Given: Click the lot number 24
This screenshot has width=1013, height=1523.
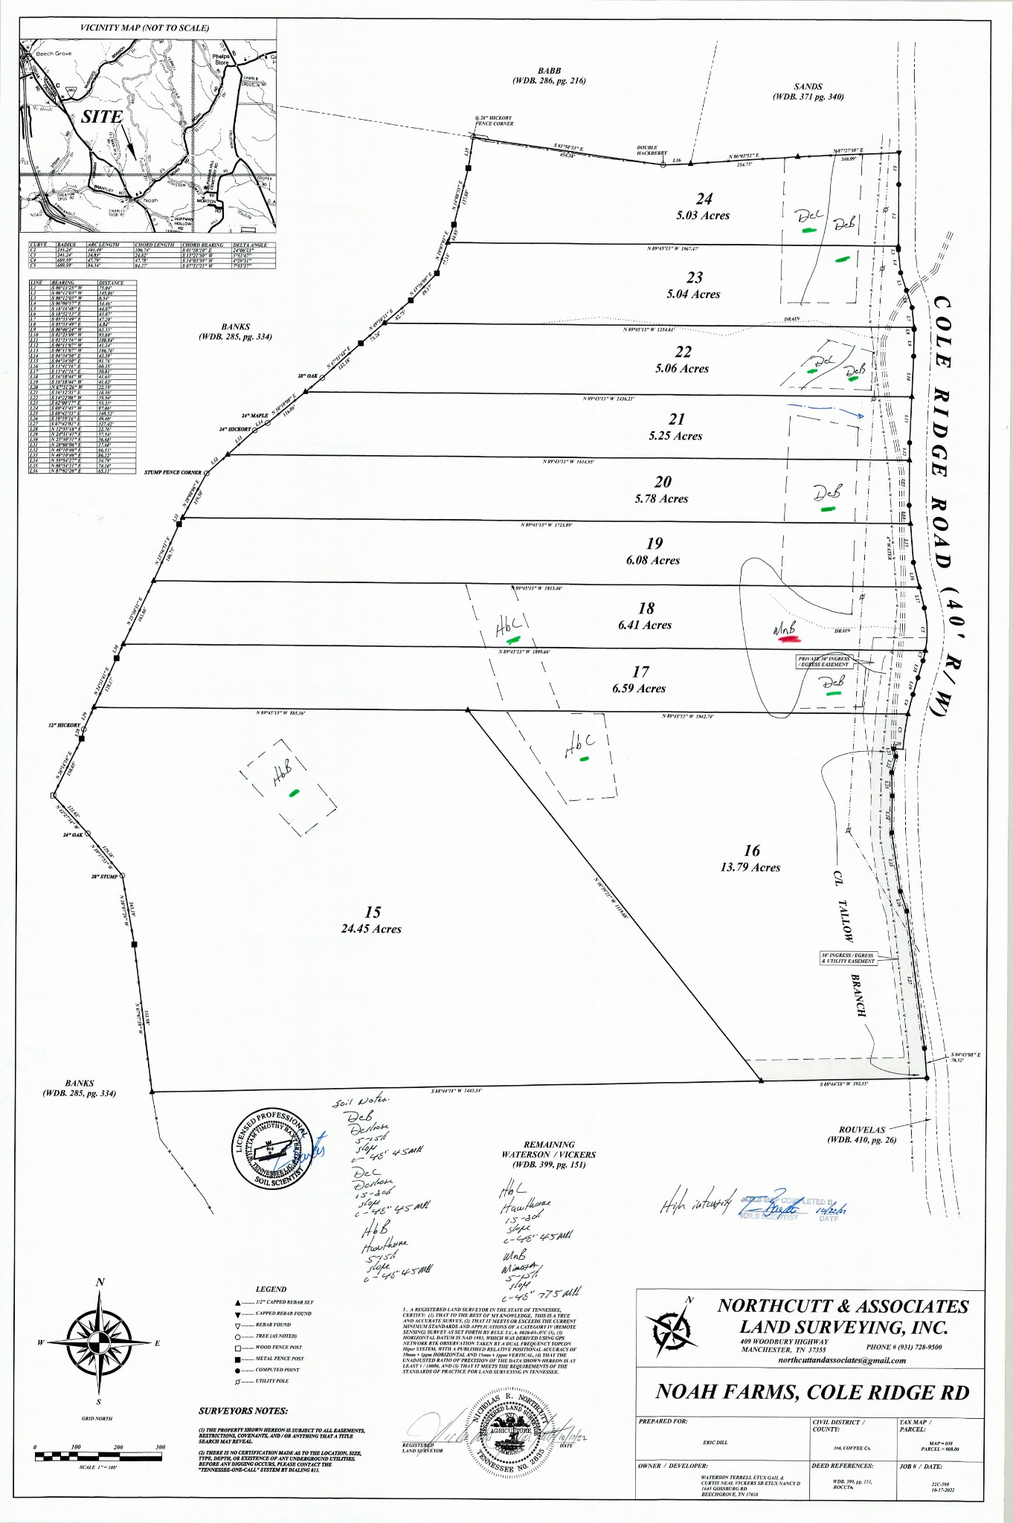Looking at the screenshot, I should (704, 199).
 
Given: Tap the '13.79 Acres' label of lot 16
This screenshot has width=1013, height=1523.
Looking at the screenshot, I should (750, 867).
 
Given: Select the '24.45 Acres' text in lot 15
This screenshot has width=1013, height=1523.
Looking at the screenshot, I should (371, 929).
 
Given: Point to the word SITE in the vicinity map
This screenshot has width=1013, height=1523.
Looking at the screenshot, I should (102, 117).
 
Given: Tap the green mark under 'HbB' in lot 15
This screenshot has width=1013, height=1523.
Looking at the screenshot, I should (295, 793).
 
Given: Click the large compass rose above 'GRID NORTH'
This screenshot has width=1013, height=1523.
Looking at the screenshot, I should (100, 1342).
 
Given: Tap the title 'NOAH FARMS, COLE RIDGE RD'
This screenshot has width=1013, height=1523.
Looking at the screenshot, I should (812, 1392).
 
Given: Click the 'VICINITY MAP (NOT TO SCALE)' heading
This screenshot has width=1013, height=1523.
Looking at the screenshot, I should (145, 28).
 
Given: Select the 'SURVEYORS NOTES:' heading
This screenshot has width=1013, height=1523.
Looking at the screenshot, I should (243, 1411).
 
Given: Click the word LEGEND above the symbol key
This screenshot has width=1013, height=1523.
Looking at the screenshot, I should (271, 1289).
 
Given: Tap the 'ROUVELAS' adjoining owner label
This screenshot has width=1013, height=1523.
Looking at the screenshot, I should (862, 1130).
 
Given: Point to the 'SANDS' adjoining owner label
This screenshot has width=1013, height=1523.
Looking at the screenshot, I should (808, 86).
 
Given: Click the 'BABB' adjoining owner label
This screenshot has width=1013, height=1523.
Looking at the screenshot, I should (550, 71).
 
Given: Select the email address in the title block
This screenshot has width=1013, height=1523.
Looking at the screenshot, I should (842, 1360).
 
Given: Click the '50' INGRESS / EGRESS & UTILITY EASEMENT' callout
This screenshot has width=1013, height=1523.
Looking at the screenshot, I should (848, 958).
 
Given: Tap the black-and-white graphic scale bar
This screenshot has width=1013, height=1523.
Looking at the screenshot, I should (98, 1455).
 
